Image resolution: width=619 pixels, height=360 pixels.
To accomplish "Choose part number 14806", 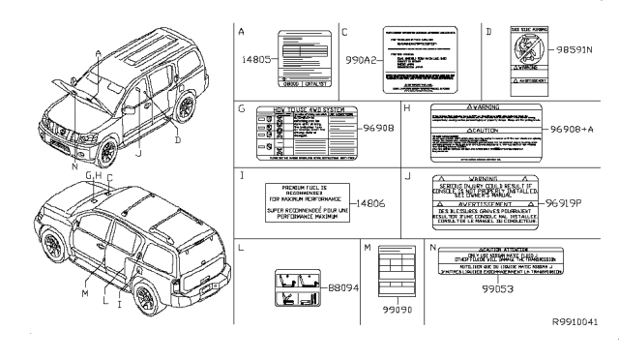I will [368, 203].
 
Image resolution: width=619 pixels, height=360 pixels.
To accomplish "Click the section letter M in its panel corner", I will [368, 249].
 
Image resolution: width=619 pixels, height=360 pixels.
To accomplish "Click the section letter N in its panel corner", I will [433, 249].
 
